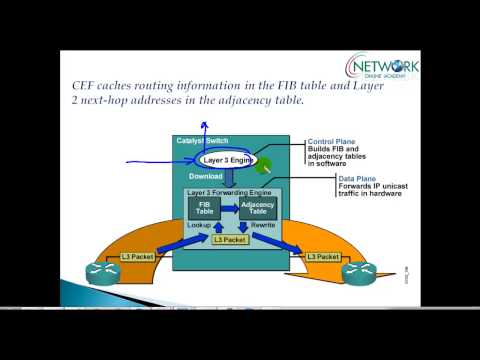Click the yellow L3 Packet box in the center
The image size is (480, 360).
(x=229, y=240)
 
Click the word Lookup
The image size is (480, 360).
(x=199, y=226)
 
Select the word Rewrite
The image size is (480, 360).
(x=263, y=226)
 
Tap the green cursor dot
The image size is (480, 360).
(x=264, y=166)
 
